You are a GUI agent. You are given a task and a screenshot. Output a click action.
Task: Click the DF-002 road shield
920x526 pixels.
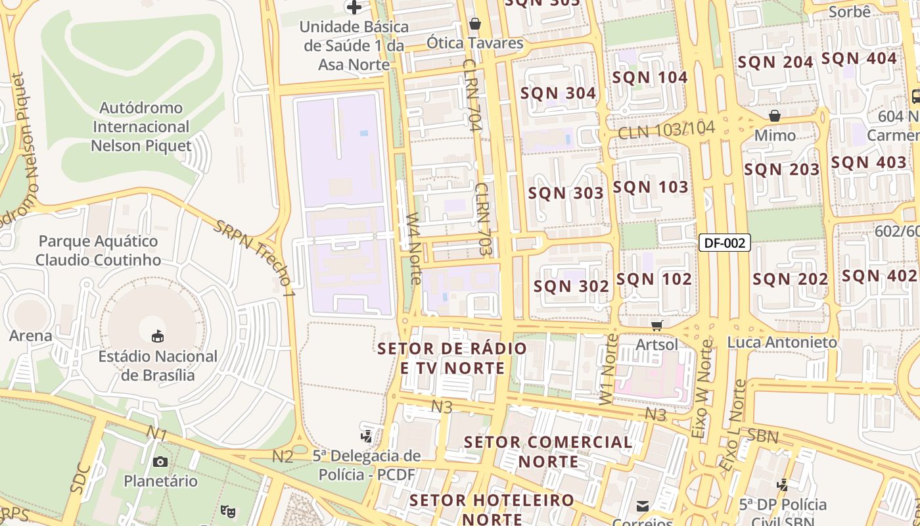click(724, 243)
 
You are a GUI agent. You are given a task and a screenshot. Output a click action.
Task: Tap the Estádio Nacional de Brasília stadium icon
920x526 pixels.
click(158, 337)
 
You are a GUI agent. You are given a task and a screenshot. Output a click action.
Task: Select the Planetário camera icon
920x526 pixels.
click(160, 462)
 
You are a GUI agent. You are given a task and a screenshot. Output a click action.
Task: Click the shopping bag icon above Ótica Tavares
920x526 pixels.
click(475, 24)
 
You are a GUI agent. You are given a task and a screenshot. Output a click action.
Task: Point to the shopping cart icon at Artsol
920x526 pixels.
click(656, 325)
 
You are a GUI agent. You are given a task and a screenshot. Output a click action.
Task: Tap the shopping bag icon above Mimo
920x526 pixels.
click(775, 116)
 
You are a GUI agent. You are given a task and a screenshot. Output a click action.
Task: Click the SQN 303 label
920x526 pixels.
click(566, 193)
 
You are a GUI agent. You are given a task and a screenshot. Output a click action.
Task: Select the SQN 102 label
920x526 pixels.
click(654, 279)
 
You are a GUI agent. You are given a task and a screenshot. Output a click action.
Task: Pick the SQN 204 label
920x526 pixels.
click(775, 62)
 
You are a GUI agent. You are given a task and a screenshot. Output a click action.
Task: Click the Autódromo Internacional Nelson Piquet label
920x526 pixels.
click(141, 126)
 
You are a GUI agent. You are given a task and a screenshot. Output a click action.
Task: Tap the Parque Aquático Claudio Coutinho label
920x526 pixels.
click(98, 251)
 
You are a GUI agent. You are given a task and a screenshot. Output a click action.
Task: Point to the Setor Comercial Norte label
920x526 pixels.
click(548, 451)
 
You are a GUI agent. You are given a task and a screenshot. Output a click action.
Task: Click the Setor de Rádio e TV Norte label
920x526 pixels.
click(453, 358)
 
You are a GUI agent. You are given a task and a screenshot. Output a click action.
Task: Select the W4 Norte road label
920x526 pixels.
click(413, 247)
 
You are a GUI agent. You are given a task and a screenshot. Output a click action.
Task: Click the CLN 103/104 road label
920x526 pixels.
click(666, 130)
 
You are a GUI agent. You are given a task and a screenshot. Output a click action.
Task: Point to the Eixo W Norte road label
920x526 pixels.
click(702, 389)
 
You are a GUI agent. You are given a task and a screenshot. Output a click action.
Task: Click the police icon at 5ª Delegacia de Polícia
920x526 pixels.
click(367, 435)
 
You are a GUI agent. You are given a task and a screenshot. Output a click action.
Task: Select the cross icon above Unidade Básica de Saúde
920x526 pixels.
click(354, 7)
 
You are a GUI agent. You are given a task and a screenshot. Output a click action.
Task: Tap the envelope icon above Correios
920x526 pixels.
click(643, 506)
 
